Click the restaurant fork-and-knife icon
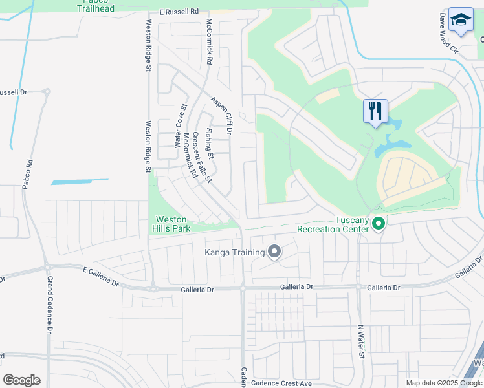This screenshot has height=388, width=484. [x=376, y=111]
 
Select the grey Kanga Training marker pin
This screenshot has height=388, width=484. [x=274, y=252]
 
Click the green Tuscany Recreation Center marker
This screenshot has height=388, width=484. [x=379, y=224]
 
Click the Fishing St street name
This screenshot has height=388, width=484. [x=210, y=140]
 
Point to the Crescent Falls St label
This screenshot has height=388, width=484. [x=201, y=158]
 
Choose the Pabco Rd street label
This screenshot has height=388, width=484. [x=27, y=175]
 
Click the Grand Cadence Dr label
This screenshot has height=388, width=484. [x=50, y=305]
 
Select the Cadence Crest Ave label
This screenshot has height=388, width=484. [x=283, y=383]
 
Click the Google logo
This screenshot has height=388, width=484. [x=21, y=380]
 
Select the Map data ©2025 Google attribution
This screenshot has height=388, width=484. [x=443, y=383]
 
